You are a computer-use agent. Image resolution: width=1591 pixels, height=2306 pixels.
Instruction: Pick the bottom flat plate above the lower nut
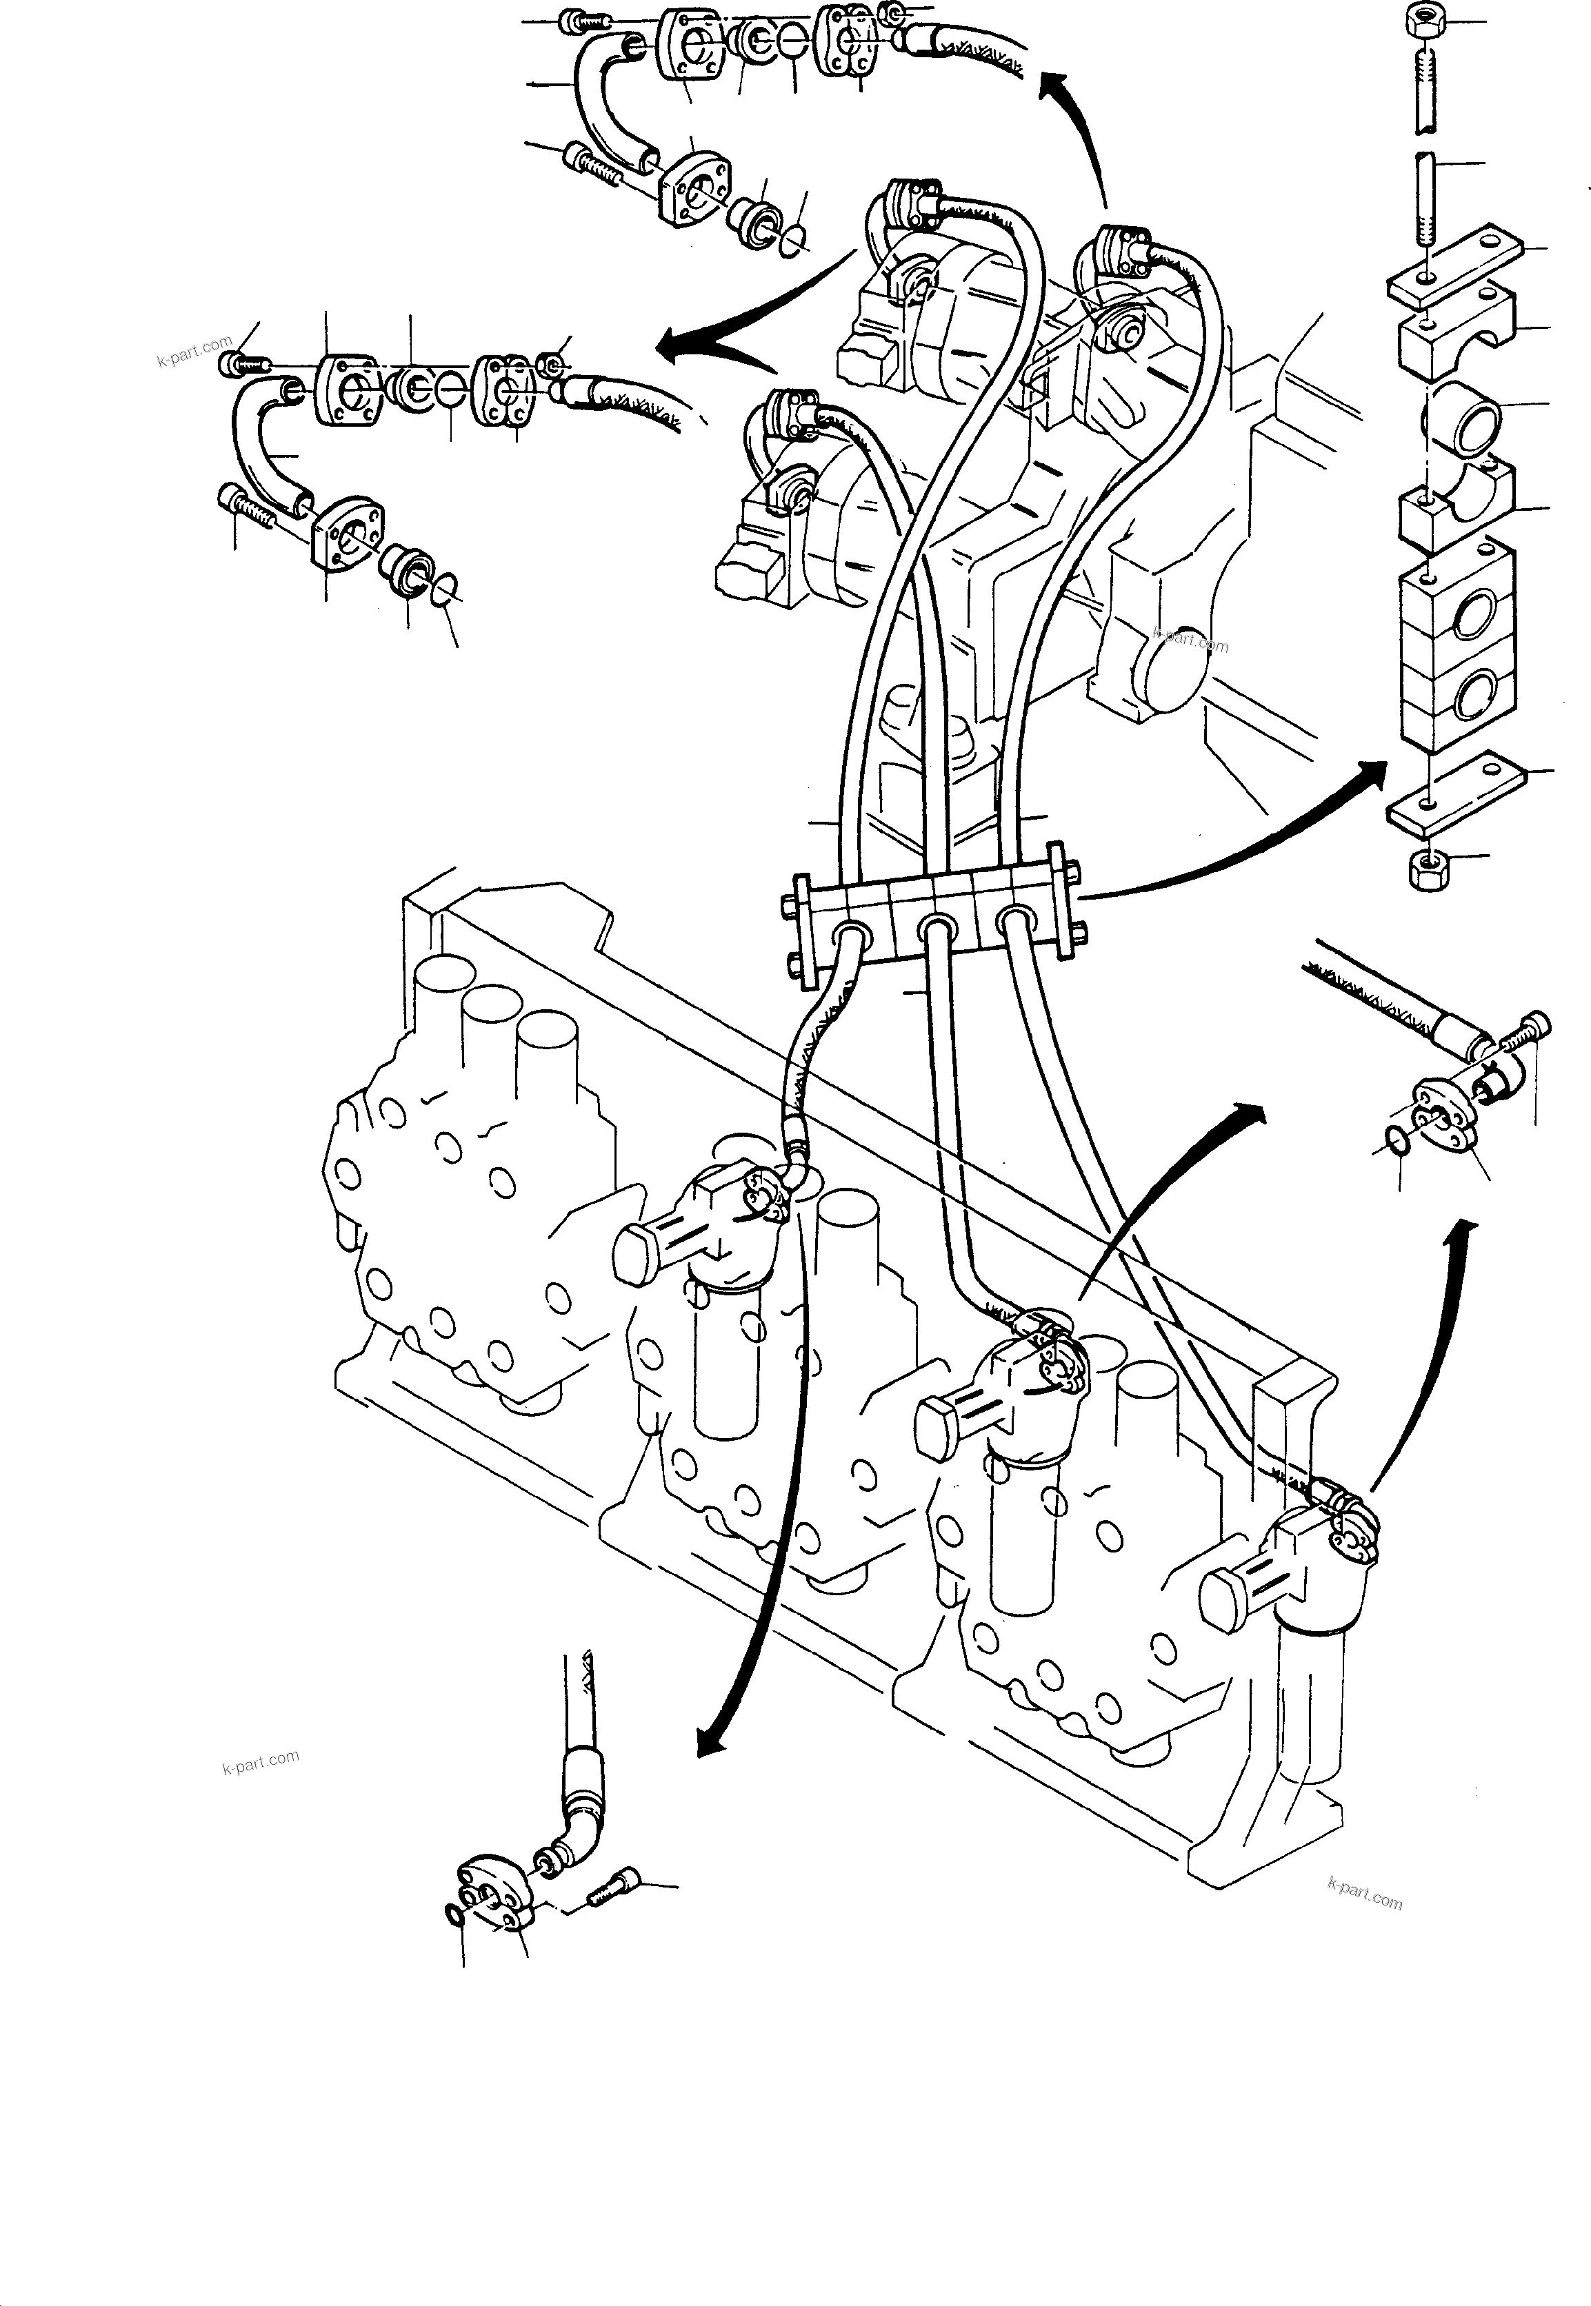pos(1454,796)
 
